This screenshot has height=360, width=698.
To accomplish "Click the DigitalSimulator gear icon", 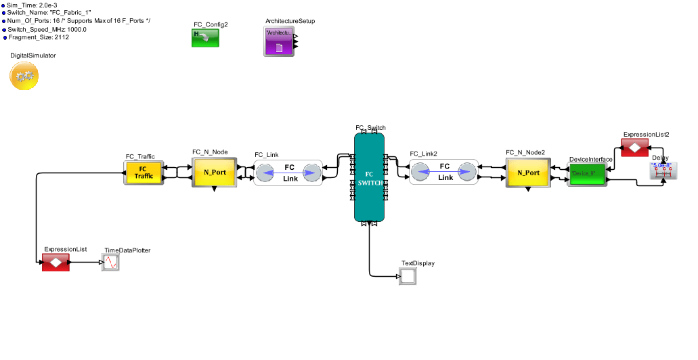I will (24, 76).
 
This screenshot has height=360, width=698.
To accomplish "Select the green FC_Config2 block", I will (205, 38).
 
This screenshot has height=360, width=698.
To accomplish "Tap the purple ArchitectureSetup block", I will (278, 41).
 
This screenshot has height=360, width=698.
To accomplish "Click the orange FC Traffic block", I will (143, 172).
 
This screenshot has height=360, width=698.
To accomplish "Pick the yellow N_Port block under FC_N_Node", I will (215, 172).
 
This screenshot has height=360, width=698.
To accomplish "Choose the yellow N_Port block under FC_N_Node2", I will (528, 172).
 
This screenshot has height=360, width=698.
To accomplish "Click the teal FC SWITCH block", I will (370, 177).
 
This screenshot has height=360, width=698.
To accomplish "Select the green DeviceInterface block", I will (587, 173).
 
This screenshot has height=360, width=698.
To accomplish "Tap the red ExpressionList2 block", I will (635, 148).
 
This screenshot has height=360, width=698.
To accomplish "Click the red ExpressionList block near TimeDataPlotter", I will (56, 263).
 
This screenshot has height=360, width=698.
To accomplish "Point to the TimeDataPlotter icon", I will (111, 263).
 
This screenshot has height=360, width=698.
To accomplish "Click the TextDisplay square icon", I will (408, 276).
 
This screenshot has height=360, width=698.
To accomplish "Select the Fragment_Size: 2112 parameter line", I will (38, 37).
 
